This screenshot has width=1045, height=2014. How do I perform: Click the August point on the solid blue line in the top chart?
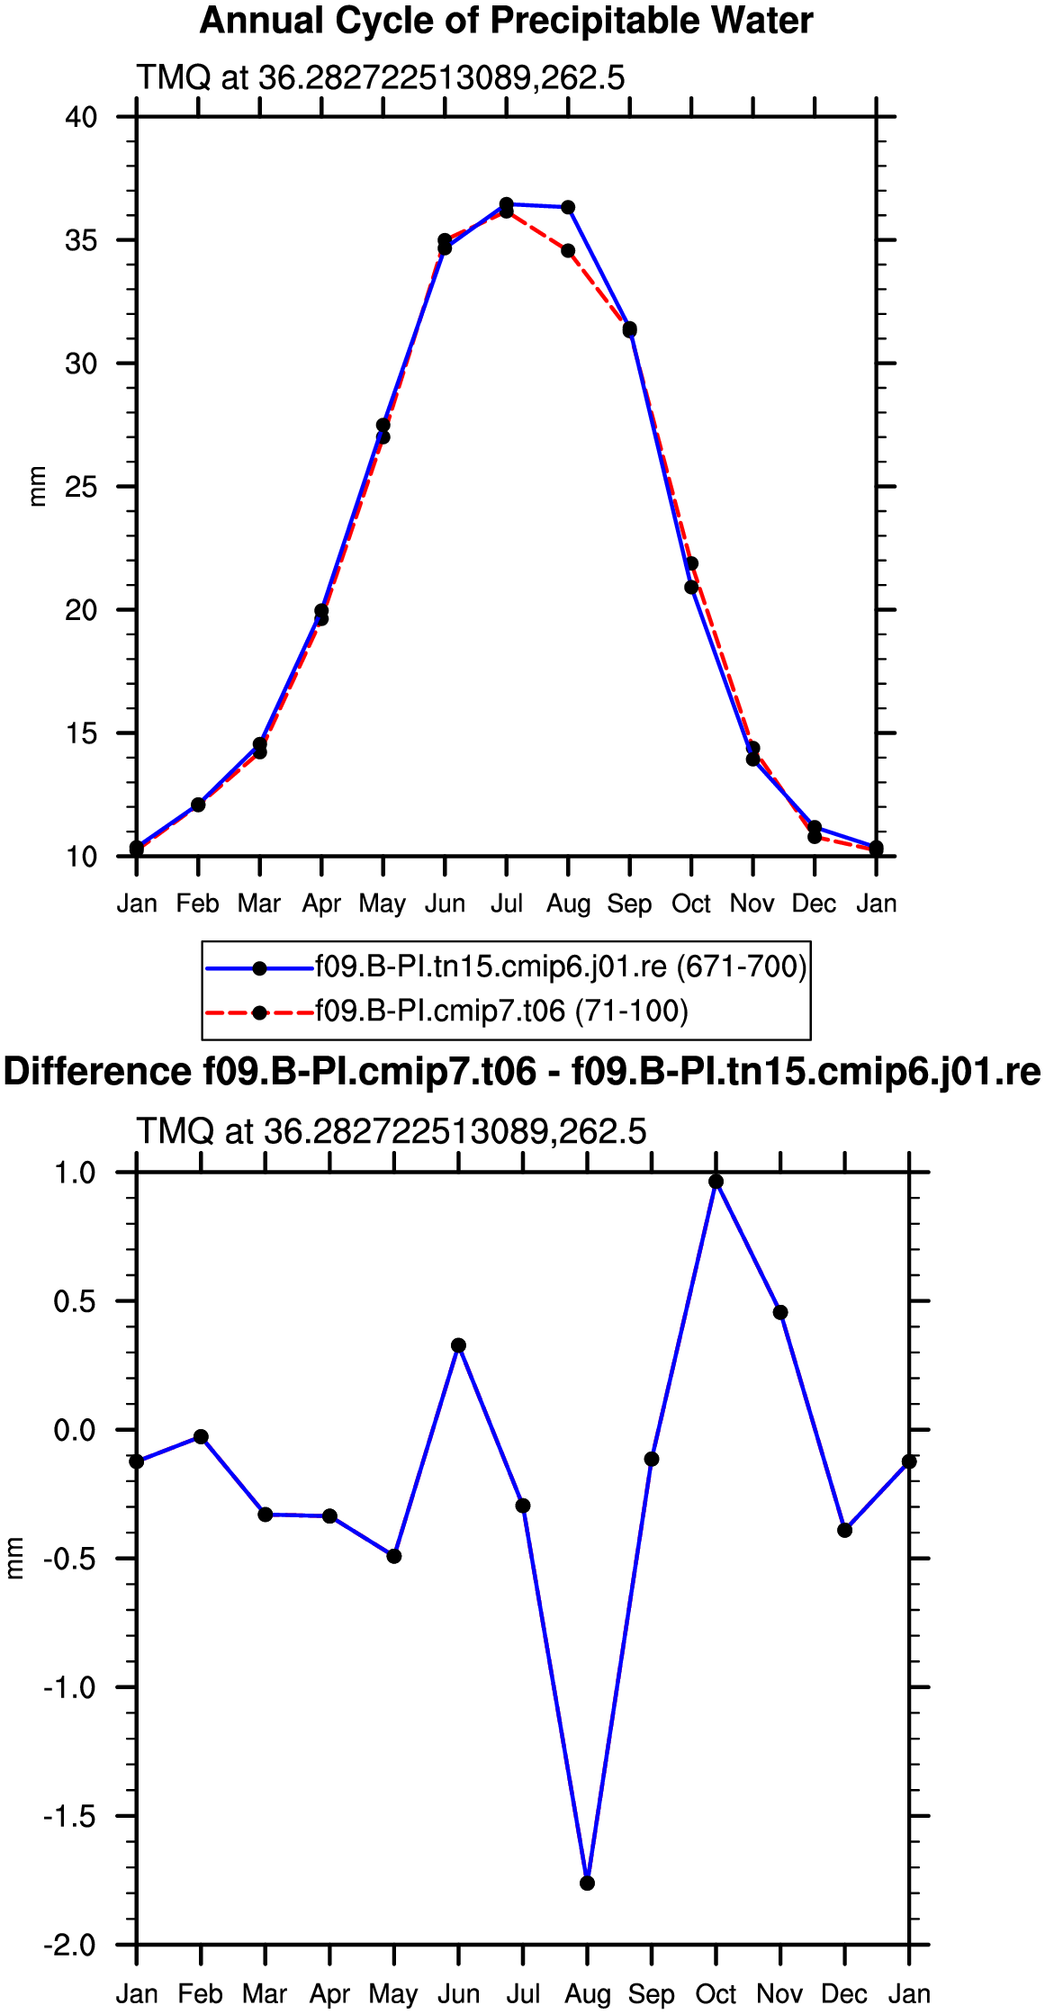coord(568,208)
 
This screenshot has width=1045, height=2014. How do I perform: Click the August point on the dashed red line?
coord(568,251)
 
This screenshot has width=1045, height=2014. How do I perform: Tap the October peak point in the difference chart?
coord(716,1182)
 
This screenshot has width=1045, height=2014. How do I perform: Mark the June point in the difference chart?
coord(459,1345)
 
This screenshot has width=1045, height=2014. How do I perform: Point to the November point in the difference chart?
coord(780,1312)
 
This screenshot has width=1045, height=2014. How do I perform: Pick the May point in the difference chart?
coord(394,1556)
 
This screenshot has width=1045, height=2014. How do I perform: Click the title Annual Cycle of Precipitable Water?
coord(506,21)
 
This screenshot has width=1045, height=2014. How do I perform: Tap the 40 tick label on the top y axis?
coord(81,117)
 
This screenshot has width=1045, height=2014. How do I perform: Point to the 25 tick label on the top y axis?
coord(81,487)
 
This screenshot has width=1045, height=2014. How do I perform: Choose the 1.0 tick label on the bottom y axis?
coord(75,1173)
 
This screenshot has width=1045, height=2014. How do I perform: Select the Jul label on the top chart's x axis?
coord(507,904)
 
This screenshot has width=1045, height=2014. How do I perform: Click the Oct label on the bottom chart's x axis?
coord(716,1994)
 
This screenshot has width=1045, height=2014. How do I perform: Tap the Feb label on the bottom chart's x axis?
coord(201,1994)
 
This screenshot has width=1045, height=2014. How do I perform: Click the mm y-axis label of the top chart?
coord(37,487)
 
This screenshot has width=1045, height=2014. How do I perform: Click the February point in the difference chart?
coord(201,1437)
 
